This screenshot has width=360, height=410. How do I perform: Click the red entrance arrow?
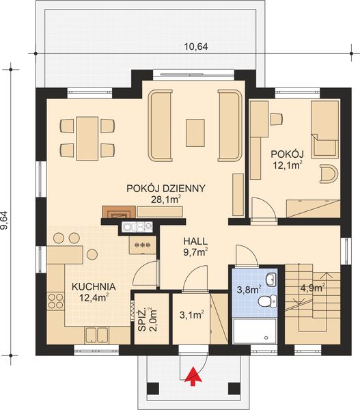pos(193,374)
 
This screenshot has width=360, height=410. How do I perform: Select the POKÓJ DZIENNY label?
pos(166,188)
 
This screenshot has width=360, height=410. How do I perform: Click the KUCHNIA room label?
pos(91,287)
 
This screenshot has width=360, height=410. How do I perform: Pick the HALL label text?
pos(195,241)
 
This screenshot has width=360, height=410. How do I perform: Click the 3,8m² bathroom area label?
pos(247,289)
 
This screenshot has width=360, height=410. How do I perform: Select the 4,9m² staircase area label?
pos(312,288)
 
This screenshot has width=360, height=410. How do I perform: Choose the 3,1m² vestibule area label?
pos(190,315)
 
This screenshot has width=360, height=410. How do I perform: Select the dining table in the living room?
pos(87,137)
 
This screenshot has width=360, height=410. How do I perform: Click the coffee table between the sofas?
pos(195,128)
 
